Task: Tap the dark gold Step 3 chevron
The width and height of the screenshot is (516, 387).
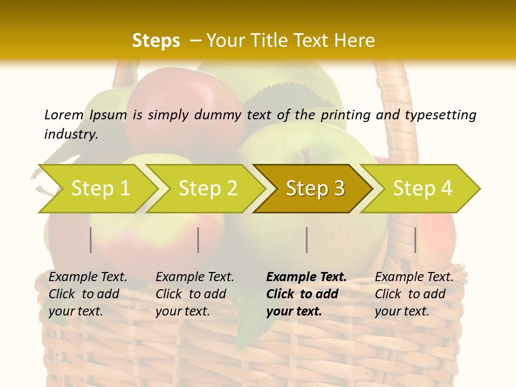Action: tap(315, 189)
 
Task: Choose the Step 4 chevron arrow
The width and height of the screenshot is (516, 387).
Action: tap(422, 189)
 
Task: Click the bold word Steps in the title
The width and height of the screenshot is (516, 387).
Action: tap(156, 41)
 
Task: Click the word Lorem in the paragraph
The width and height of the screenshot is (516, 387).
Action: tap(64, 114)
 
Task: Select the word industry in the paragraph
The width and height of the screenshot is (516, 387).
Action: tap(71, 134)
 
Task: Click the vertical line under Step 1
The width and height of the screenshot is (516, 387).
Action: tap(91, 240)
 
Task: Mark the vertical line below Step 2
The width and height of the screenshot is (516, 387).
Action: tap(198, 240)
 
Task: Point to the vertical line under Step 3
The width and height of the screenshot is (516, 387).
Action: tap(306, 240)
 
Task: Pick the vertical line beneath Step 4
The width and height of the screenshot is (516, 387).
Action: tap(415, 240)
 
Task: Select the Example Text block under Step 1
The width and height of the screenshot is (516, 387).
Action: tap(88, 293)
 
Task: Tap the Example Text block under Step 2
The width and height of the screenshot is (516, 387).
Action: tap(195, 293)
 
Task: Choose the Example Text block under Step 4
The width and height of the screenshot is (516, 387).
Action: tap(414, 293)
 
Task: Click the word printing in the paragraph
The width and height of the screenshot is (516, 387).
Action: tap(345, 114)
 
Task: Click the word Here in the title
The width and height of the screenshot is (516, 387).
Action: tap(354, 41)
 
